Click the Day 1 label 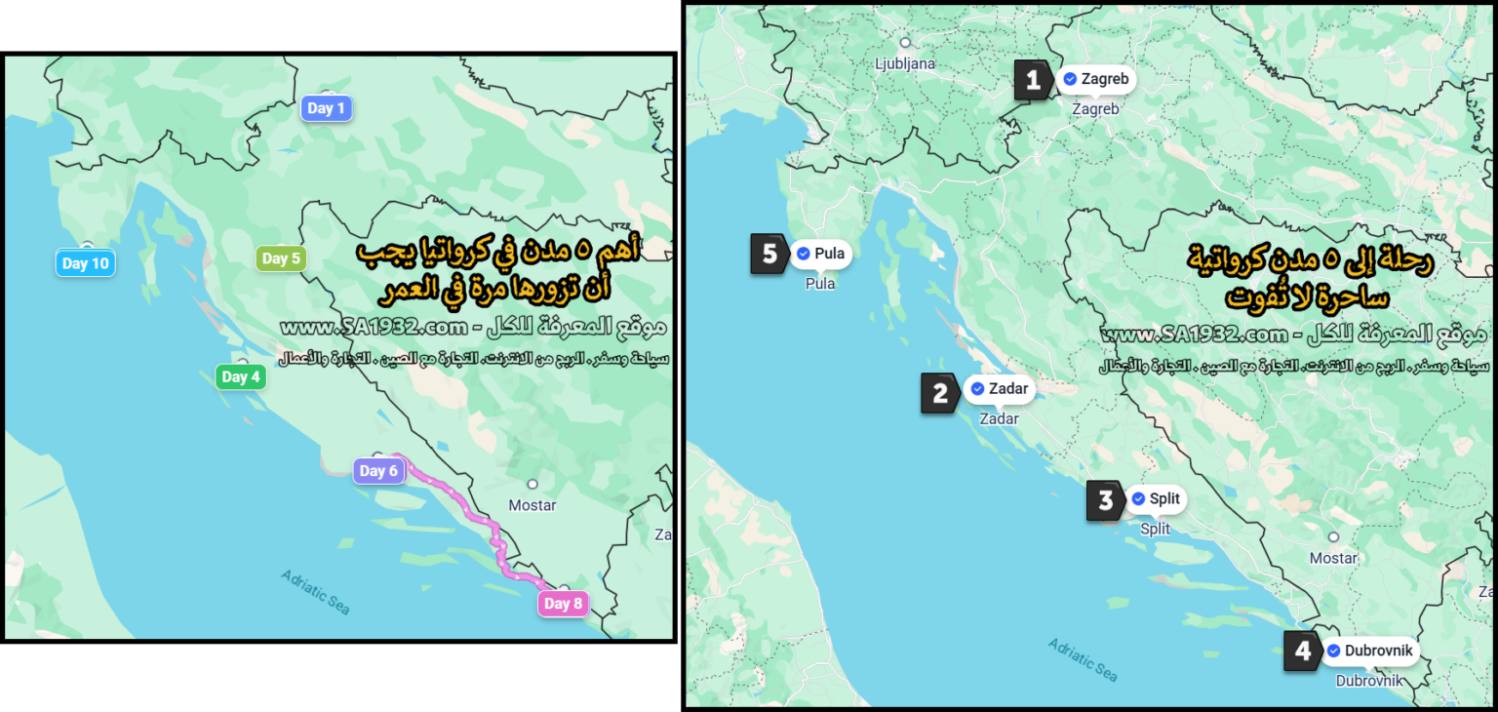pos(326,108)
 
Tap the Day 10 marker pos(85,263)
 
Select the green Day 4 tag pos(241,376)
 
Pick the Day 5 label pos(281,258)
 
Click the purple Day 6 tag pos(378,471)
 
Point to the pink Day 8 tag pos(563,604)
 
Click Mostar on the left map pos(532,504)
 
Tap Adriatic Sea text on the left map pos(315,591)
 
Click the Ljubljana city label pos(905,63)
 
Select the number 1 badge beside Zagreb pos(1033,80)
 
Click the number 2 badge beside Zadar pos(940,393)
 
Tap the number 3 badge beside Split pos(1105,501)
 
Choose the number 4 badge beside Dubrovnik pos(1303,651)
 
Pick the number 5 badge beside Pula pos(769,255)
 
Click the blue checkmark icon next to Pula pos(803,254)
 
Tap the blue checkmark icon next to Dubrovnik pos(1333,651)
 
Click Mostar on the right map pos(1333,558)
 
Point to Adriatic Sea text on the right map pos(1083,659)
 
